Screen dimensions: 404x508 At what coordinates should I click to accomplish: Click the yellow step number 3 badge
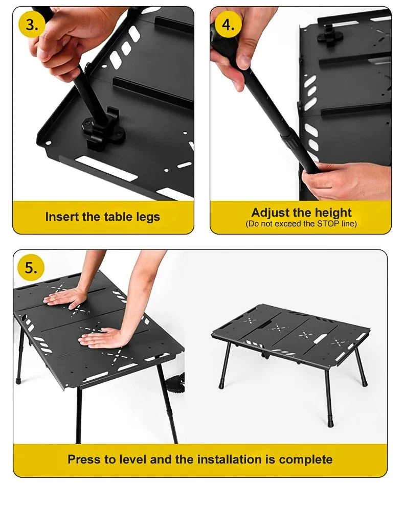point(32,25)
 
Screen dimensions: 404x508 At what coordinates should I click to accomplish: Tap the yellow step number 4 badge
point(229,25)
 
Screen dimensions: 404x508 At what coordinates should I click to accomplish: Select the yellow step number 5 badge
point(31,268)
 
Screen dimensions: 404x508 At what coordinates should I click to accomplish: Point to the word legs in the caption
point(147,217)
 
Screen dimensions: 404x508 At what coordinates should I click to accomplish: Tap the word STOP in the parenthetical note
point(328,223)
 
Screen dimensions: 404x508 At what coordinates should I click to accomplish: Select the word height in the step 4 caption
point(333,213)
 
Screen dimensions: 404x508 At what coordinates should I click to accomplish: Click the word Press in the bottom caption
point(84,459)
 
